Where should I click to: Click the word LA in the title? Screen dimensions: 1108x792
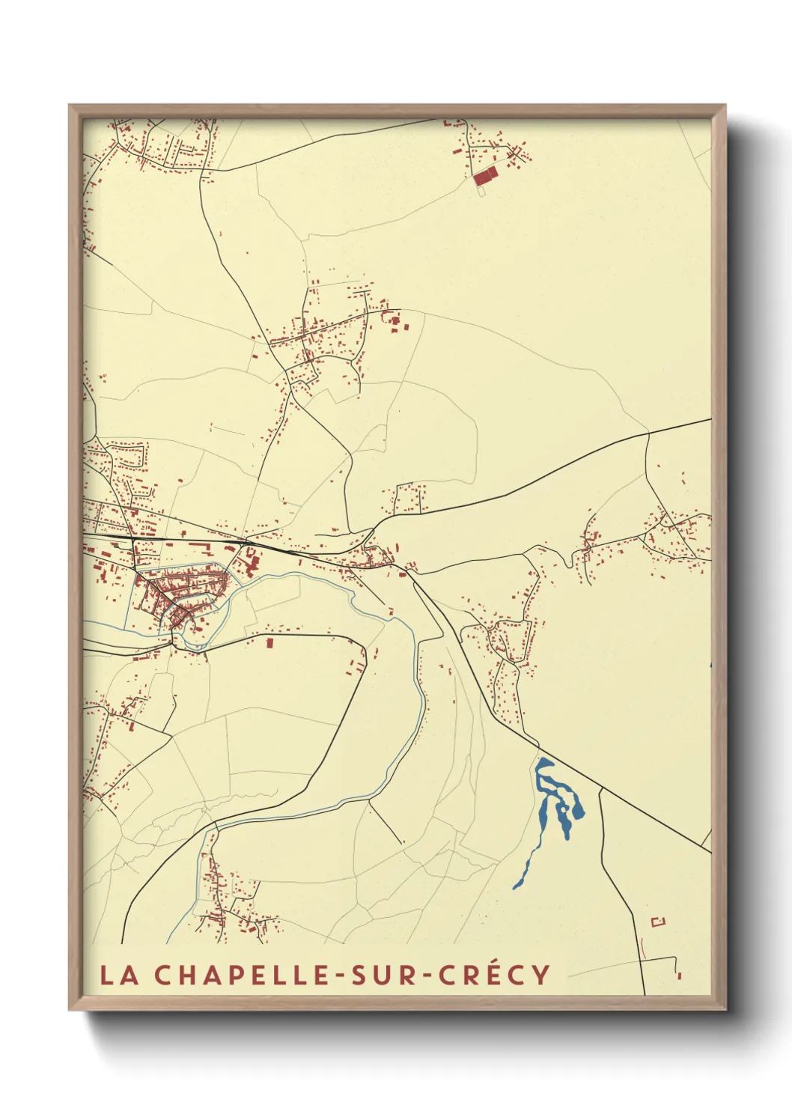pyautogui.click(x=120, y=975)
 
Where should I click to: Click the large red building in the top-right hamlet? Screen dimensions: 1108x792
pyautogui.click(x=485, y=176)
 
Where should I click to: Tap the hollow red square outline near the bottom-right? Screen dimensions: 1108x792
pyautogui.click(x=658, y=922)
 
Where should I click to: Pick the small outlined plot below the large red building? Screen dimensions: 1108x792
pyautogui.click(x=481, y=191)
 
